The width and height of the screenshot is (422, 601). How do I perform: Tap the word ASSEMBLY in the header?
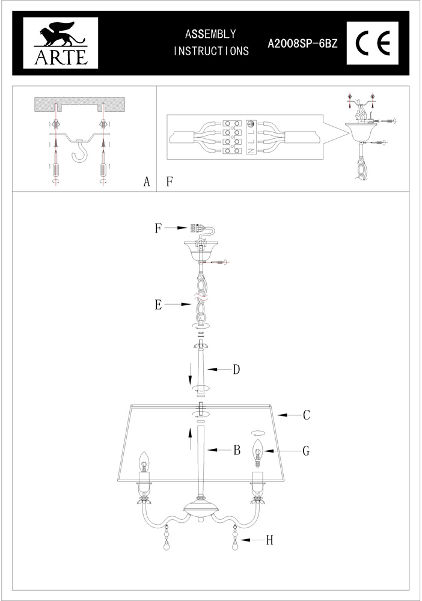[x=210, y=35]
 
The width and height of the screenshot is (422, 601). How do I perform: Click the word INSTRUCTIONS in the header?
[x=211, y=52]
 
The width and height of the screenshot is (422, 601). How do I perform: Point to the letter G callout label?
[x=307, y=450]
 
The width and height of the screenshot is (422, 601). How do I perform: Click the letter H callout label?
[x=270, y=540]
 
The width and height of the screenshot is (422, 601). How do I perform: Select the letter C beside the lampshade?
[x=306, y=415]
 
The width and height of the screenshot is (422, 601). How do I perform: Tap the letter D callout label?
[x=236, y=369]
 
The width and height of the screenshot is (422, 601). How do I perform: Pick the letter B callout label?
[x=237, y=450]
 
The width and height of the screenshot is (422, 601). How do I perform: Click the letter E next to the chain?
[x=158, y=305]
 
